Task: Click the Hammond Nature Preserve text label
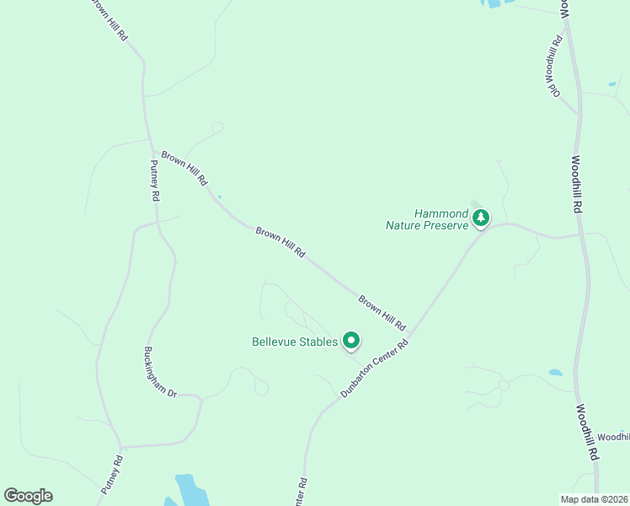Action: point(426,219)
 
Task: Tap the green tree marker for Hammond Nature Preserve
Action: point(481,218)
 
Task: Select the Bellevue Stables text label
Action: point(294,342)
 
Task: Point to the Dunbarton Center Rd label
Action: point(375,369)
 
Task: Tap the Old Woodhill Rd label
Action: point(556,66)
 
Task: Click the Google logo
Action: point(28,496)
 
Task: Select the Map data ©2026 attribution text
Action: point(594,498)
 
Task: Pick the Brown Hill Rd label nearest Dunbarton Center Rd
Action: point(382,312)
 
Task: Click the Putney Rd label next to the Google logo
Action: point(112,474)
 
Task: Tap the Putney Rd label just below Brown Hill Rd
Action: point(154,180)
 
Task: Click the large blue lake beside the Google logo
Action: point(190,490)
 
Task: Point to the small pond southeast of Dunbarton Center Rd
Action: point(555,372)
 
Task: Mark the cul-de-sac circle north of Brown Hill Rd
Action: point(217,127)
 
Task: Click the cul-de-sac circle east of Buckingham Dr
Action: point(262,388)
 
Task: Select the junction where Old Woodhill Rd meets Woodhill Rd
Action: point(578,113)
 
